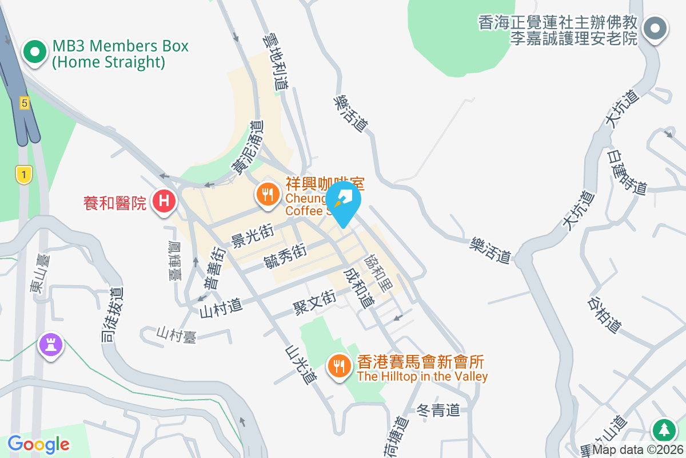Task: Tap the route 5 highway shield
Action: point(24,103)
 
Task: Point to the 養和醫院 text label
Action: point(115,202)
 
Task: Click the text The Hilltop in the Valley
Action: point(422,377)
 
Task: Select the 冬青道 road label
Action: point(438,410)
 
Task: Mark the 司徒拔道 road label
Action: point(111,314)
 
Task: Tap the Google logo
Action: point(39,444)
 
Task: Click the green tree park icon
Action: point(663,429)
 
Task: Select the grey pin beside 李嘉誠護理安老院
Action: point(656,29)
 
